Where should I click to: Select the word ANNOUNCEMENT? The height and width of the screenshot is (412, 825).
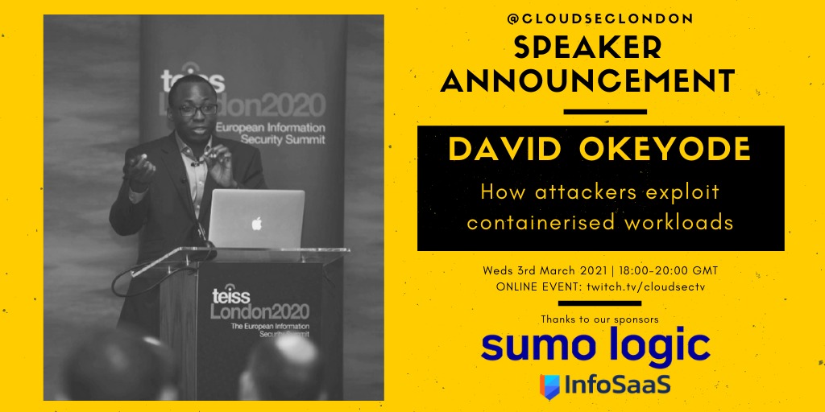588,81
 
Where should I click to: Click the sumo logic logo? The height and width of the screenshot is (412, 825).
595,347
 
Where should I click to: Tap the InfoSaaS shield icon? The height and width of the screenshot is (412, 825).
550,386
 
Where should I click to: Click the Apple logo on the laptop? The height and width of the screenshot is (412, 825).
256,223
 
